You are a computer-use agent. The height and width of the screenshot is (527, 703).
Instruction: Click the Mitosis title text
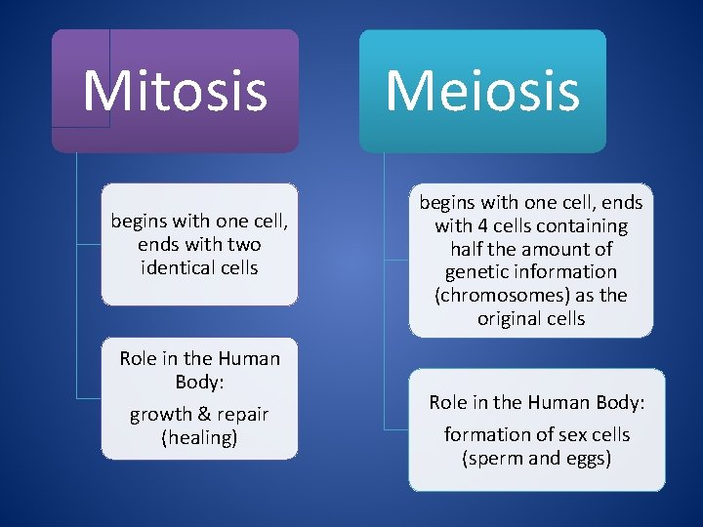[175, 90]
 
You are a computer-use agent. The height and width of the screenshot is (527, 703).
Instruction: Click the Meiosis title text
[482, 90]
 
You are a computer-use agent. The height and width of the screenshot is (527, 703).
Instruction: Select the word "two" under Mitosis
[243, 244]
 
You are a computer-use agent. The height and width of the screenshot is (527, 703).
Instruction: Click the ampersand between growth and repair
[201, 415]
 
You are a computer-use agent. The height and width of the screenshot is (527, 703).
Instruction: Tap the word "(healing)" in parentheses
[199, 438]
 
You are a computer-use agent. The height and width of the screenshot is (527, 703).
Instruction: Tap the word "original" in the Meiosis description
[510, 319]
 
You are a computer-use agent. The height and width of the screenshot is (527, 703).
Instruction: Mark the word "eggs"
[587, 458]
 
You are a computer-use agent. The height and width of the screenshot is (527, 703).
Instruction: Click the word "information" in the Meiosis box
[565, 272]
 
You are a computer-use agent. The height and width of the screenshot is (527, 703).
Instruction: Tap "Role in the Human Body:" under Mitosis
[199, 369]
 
